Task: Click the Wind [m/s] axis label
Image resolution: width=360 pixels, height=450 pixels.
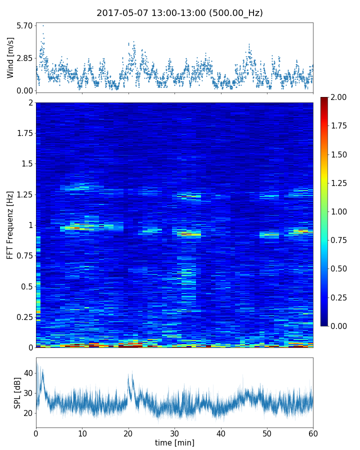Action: point(10,57)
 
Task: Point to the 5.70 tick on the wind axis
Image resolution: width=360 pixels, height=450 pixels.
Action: point(24,25)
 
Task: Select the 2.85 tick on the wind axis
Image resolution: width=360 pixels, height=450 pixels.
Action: point(24,58)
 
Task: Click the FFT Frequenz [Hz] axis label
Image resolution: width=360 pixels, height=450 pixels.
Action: point(10,225)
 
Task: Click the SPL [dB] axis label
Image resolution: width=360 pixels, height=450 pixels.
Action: point(17,392)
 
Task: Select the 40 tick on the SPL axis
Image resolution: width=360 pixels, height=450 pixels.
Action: point(28,373)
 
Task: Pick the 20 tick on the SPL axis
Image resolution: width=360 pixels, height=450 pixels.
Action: point(28,413)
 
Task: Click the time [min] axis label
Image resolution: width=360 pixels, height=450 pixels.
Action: point(174,442)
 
